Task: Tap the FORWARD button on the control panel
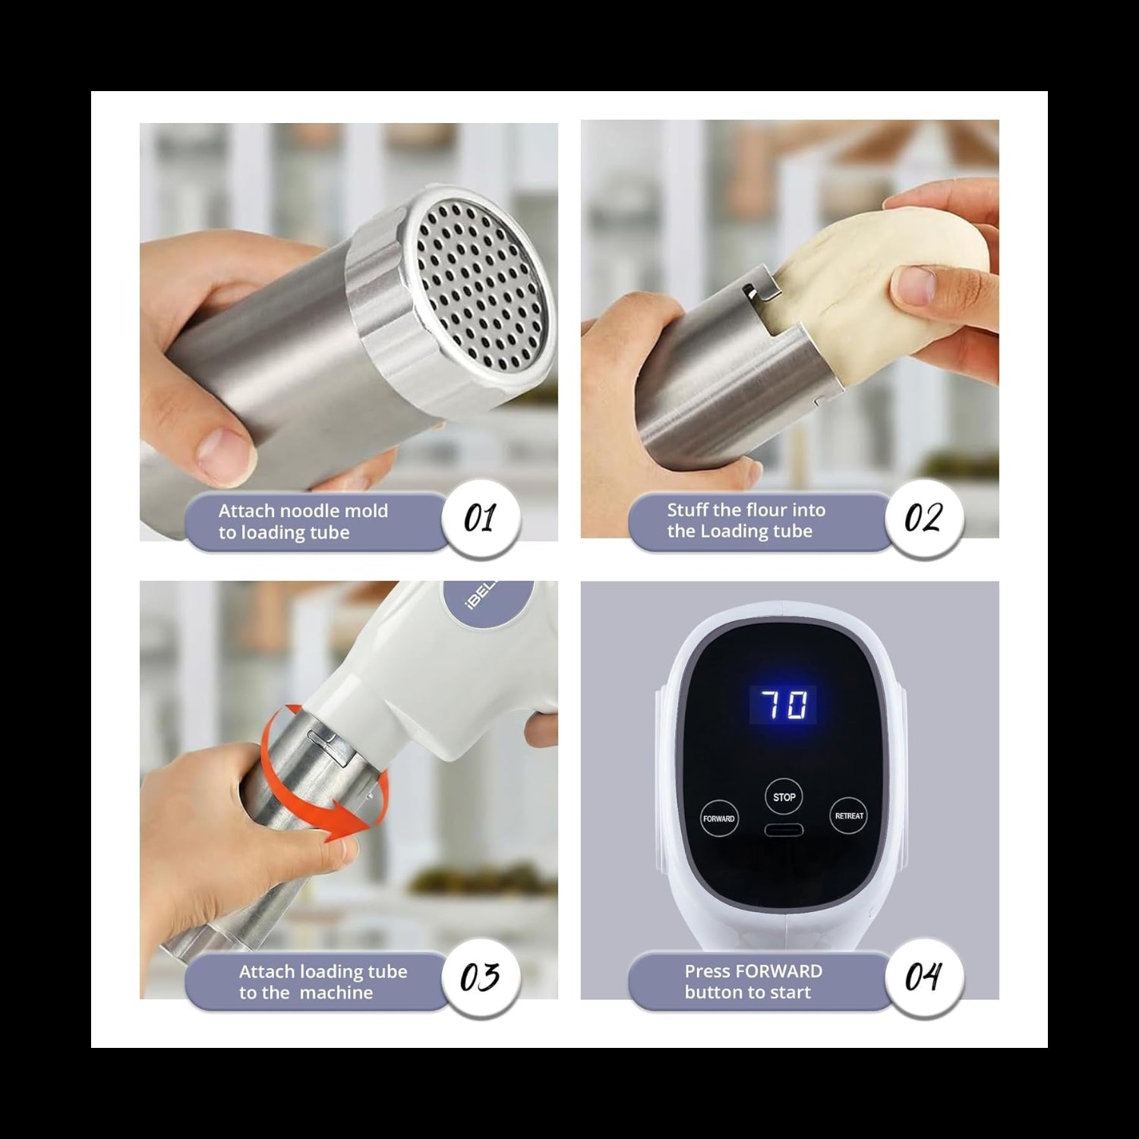[x=718, y=819]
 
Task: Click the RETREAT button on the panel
[x=848, y=816]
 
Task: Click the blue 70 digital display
[x=783, y=705]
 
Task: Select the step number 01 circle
[x=480, y=519]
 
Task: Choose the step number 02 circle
[x=923, y=519]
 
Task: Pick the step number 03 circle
[x=480, y=977]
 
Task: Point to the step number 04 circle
[x=923, y=977]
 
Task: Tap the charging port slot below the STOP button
[x=784, y=830]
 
